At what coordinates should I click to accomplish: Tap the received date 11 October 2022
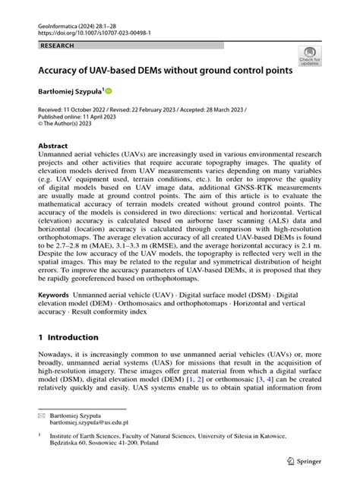coord(93,110)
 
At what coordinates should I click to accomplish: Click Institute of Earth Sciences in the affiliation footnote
coord(91,438)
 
